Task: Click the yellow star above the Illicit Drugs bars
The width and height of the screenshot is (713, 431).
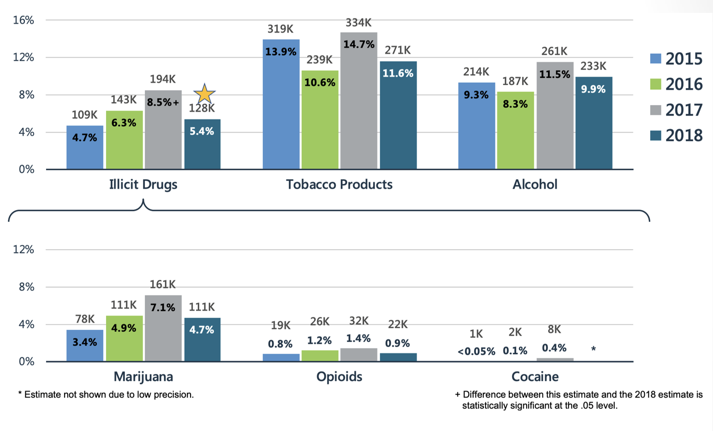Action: click(x=204, y=94)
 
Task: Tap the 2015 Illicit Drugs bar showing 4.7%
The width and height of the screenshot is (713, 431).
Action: click(x=85, y=147)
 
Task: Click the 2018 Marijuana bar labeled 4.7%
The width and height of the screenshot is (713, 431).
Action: click(x=202, y=339)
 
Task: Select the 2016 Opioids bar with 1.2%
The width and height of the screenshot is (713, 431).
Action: click(x=319, y=355)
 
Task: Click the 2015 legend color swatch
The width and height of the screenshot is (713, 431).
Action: click(x=655, y=59)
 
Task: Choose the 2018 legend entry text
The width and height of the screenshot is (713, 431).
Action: click(x=683, y=135)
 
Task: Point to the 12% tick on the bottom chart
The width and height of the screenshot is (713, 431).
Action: click(x=24, y=250)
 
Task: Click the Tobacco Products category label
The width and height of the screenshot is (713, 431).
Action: click(x=339, y=185)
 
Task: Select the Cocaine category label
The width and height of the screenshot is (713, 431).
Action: click(x=535, y=377)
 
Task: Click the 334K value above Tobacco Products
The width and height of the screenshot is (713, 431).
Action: click(x=358, y=23)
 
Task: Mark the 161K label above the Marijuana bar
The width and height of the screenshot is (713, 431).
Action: click(x=162, y=285)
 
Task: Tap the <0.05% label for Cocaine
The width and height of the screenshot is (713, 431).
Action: click(x=476, y=352)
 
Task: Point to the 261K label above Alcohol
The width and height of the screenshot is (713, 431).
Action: click(x=554, y=51)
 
